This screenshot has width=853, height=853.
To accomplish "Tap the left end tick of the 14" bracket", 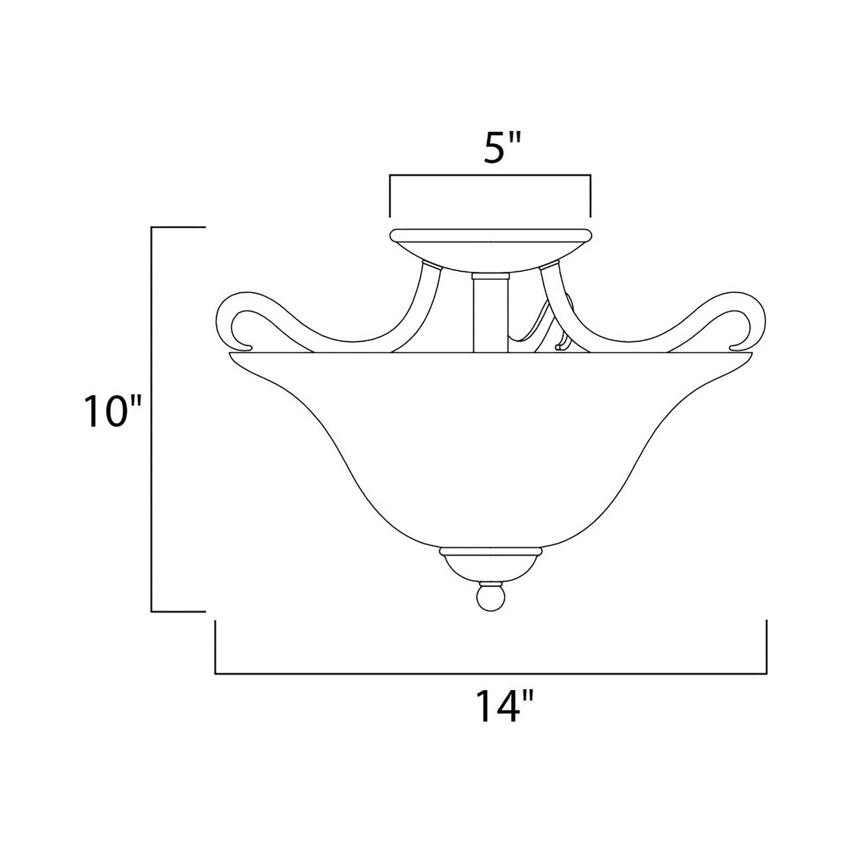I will tap(215, 646).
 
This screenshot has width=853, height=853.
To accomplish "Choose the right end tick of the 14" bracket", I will tap(766, 646).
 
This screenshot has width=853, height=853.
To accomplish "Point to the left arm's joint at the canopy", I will tap(432, 266).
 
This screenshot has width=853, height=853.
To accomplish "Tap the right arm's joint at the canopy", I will tap(548, 266).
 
